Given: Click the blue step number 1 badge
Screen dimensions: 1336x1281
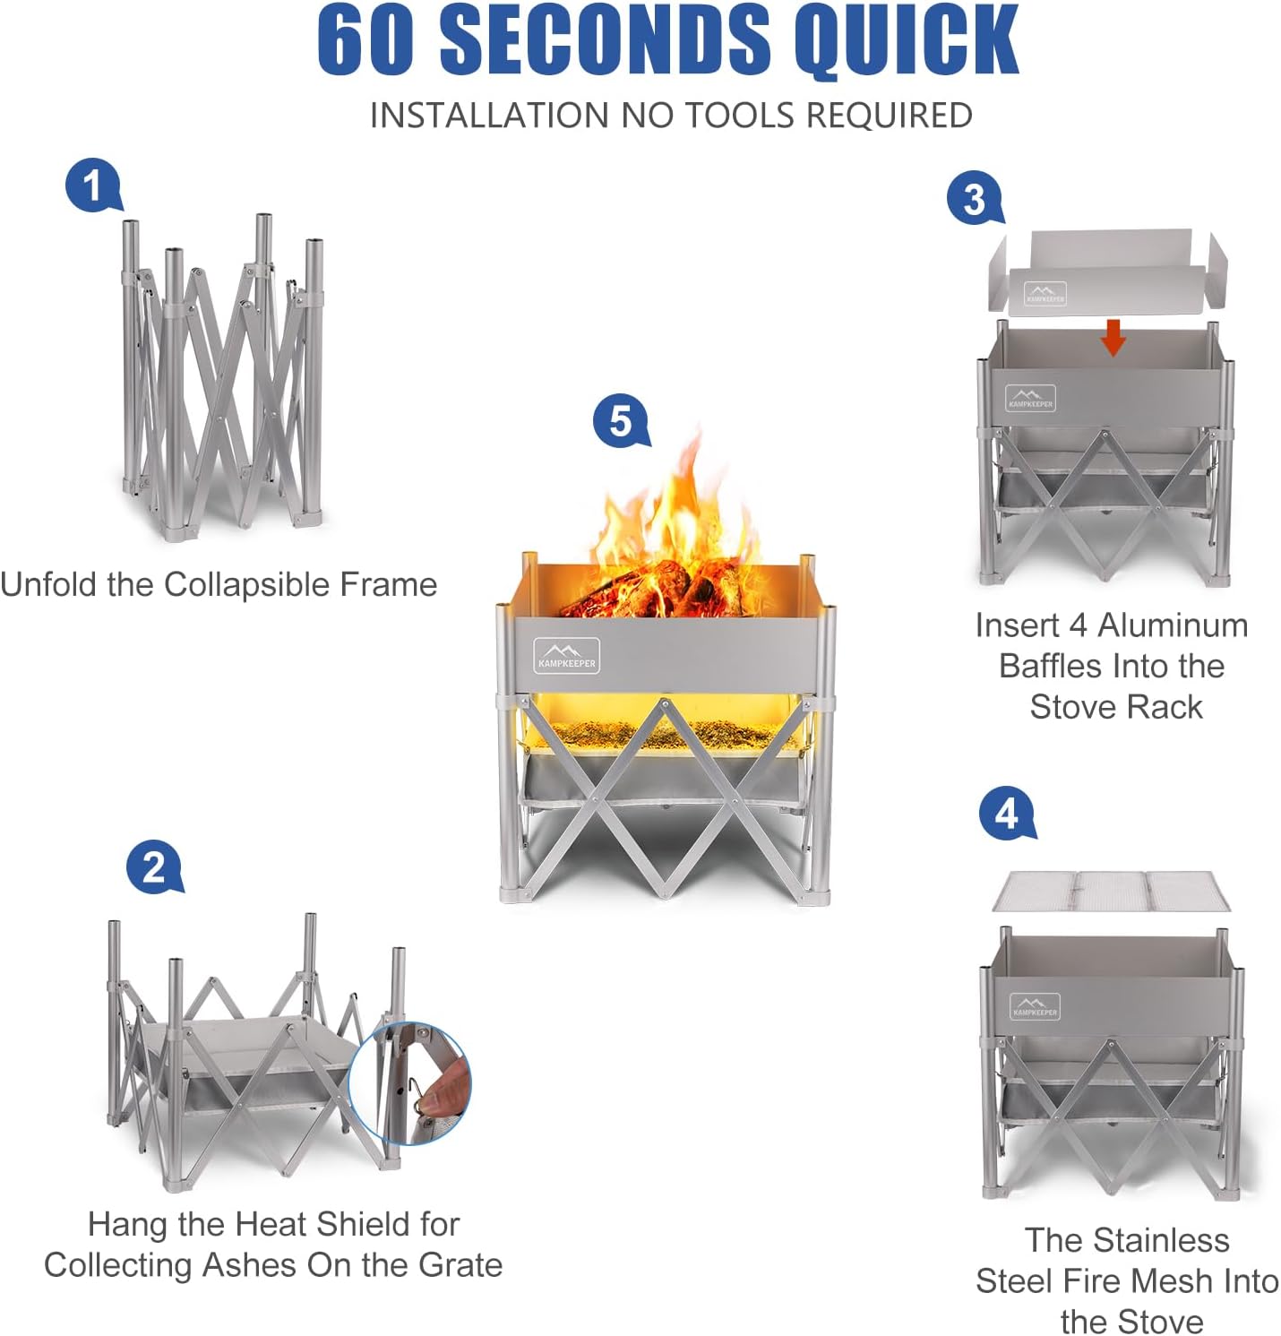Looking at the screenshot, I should point(92,185).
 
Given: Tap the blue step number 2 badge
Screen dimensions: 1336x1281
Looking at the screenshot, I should point(153,866).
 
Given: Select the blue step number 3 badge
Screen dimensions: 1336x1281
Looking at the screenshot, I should point(975,198).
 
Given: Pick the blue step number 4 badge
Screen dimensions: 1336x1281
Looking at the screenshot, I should point(1007,813).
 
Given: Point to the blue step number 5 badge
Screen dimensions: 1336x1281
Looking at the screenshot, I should point(621,420).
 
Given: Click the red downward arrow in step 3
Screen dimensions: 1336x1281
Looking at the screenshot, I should point(1113,337).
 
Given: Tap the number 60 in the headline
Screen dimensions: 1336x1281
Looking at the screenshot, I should point(366,40).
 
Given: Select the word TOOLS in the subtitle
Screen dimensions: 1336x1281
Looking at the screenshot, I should point(739,116).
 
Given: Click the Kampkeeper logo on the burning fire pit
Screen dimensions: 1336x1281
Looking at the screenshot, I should point(566,655).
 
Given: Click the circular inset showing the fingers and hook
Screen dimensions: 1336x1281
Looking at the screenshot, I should point(410,1082).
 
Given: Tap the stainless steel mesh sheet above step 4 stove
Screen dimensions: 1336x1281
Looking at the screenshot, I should point(1111,891).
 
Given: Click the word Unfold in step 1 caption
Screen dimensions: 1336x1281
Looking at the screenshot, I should point(48,584).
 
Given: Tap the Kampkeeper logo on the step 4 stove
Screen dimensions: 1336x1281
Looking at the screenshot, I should point(1035,1006).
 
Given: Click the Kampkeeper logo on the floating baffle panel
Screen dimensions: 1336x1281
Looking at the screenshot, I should point(1045,293).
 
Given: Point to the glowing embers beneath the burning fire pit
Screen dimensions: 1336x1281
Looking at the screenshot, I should point(663,732).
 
